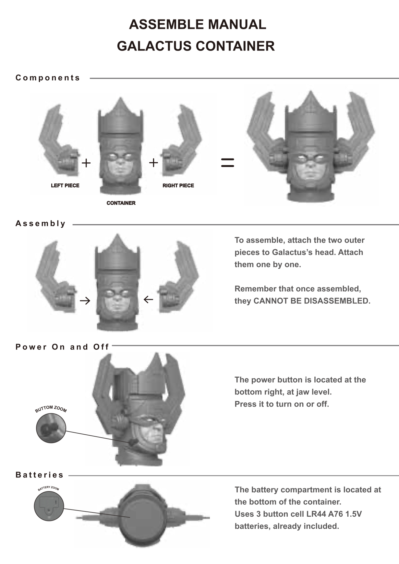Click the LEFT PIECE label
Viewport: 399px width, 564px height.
click(x=65, y=185)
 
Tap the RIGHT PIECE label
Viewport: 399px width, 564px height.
click(x=178, y=185)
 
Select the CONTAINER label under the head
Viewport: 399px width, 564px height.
click(x=121, y=203)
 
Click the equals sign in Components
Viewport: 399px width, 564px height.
click(x=227, y=163)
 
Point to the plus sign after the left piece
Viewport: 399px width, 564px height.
click(x=86, y=163)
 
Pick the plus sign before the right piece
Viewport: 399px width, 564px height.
click(x=153, y=163)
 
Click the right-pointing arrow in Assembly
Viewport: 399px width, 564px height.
click(x=85, y=301)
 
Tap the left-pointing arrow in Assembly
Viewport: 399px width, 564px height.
click(x=148, y=300)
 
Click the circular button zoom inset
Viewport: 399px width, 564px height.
click(x=51, y=428)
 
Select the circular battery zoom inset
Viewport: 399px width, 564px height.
click(x=49, y=506)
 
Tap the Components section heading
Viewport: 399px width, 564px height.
click(x=48, y=78)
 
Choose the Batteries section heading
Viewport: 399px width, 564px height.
click(x=40, y=475)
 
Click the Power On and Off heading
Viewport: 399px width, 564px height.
click(x=62, y=347)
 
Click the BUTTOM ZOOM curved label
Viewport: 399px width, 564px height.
click(x=51, y=409)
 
